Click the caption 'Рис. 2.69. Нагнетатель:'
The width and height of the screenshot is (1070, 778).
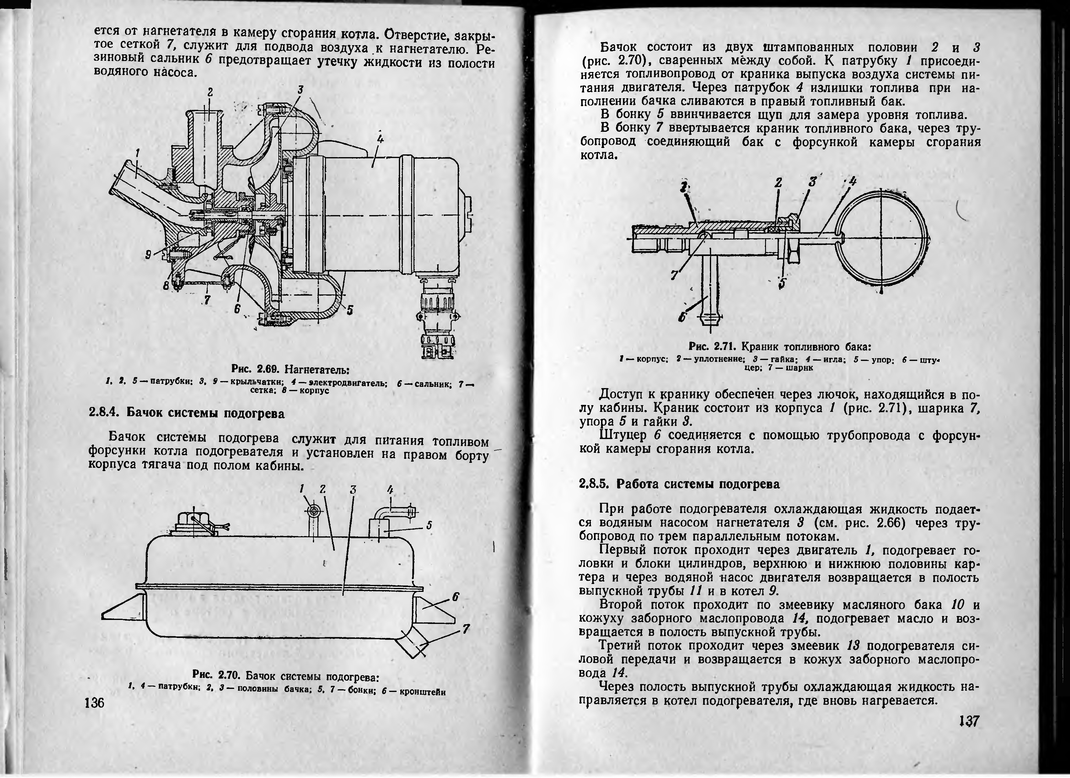(290, 369)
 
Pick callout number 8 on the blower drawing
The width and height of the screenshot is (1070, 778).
(166, 286)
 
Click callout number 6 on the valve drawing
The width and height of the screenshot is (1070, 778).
(682, 318)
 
